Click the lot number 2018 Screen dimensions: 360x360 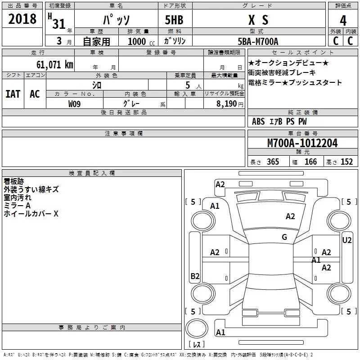coord(22,19)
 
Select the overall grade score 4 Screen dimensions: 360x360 coord(343,21)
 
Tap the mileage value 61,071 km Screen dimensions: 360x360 coord(55,64)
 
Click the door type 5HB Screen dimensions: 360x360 coord(174,20)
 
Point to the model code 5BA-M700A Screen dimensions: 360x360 coord(258,41)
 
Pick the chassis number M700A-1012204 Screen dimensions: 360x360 coord(302,143)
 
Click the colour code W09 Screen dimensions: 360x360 coord(74,104)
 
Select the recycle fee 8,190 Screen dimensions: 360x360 coord(227,104)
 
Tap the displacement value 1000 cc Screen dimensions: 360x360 coord(141,41)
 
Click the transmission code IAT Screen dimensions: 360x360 coord(13,94)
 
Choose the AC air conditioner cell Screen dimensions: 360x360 coord(35,94)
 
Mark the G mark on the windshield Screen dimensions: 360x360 coord(284,237)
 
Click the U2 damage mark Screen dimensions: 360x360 coord(346,240)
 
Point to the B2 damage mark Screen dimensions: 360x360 coord(195,276)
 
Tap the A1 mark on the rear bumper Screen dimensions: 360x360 coord(220,332)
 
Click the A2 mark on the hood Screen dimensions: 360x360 coord(290,216)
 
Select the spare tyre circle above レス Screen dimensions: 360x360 coord(197,328)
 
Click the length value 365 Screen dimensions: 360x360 coord(273,162)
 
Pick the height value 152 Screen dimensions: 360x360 coord(346,162)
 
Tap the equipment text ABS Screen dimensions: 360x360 coord(258,121)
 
